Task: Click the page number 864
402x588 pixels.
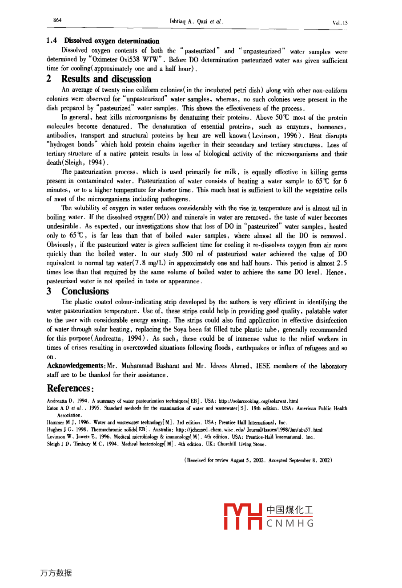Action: point(57,20)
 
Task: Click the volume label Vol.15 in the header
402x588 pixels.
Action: point(340,22)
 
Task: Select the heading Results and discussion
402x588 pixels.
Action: point(106,79)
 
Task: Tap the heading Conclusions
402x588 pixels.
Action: point(85,291)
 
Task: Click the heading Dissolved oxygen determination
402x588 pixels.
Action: point(111,41)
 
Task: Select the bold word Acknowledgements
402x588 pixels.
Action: point(75,366)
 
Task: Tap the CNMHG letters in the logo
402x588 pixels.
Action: point(290,523)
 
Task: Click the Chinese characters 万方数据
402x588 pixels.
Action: point(56,573)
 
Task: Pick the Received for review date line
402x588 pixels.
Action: point(258,460)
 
